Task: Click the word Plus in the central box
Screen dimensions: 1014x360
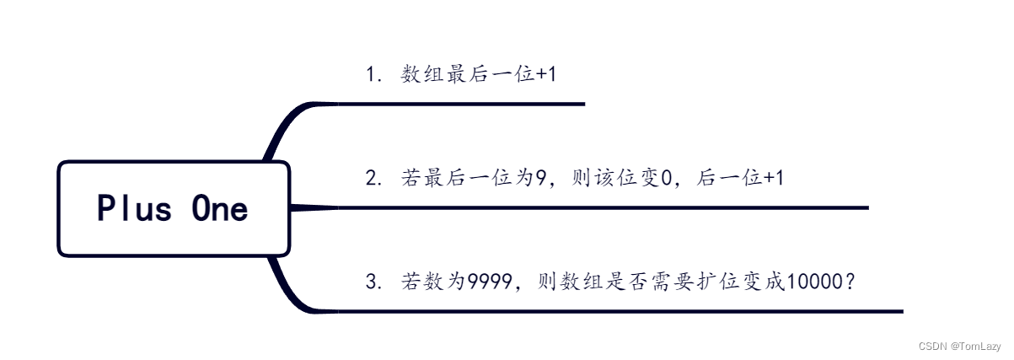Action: [x=134, y=208]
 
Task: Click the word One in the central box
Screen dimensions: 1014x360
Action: [x=220, y=208]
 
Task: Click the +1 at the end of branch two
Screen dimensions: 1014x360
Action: [x=773, y=178]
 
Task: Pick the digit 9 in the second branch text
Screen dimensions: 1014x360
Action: [x=542, y=178]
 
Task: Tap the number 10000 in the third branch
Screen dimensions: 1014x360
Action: [x=813, y=282]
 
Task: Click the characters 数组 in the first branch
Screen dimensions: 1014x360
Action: [x=423, y=74]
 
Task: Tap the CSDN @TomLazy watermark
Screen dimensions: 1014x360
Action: [x=959, y=346]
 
